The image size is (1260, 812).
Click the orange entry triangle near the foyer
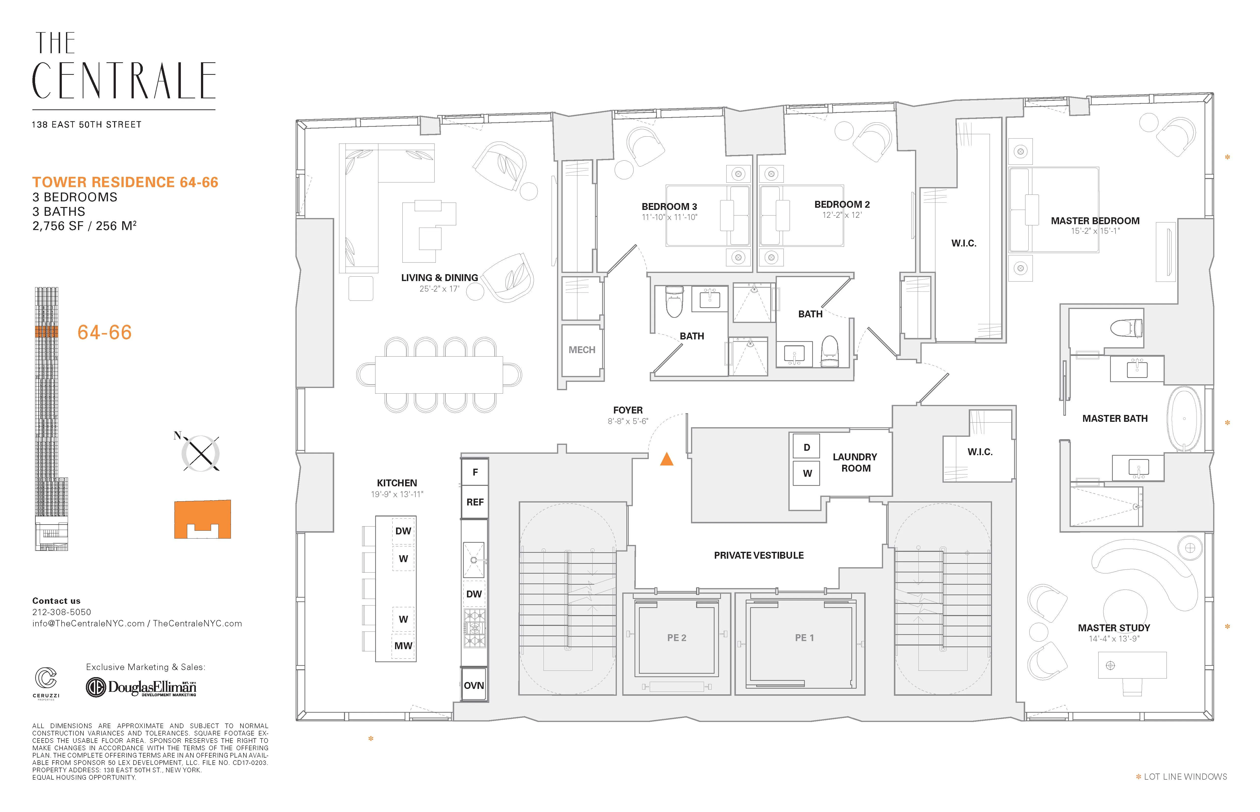[667, 459]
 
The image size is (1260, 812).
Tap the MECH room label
[582, 349]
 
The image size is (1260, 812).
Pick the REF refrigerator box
[475, 502]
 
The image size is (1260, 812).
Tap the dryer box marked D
[806, 447]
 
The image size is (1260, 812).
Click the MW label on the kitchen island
[403, 645]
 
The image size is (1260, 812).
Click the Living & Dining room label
[439, 277]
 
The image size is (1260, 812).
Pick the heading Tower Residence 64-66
[125, 182]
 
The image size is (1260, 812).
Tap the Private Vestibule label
[758, 555]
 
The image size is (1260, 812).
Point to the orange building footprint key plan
[202, 519]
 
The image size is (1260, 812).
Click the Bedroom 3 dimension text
[669, 217]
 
